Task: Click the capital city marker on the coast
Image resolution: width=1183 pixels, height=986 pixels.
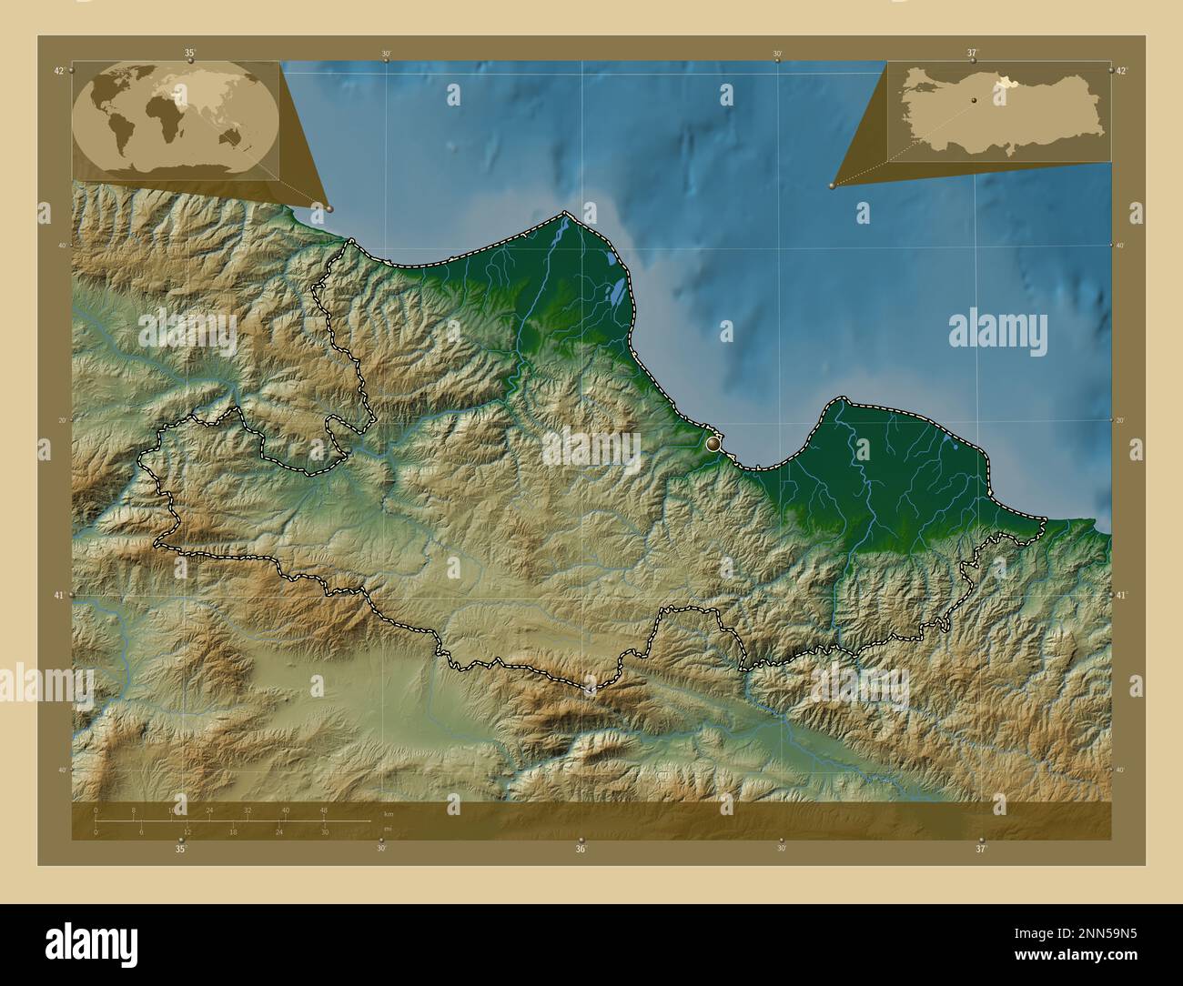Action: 713,445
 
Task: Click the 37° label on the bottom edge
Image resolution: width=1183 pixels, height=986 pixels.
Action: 980,850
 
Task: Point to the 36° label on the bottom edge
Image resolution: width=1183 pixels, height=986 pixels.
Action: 580,850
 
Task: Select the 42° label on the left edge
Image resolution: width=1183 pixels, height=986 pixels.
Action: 59,71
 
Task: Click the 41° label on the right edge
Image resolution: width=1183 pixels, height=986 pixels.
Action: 1121,595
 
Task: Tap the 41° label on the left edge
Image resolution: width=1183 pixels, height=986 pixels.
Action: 59,595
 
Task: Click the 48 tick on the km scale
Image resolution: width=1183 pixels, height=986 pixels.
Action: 323,810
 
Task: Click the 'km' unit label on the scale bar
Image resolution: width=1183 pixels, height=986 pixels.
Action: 389,813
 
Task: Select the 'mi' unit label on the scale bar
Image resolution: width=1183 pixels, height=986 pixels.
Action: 389,829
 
